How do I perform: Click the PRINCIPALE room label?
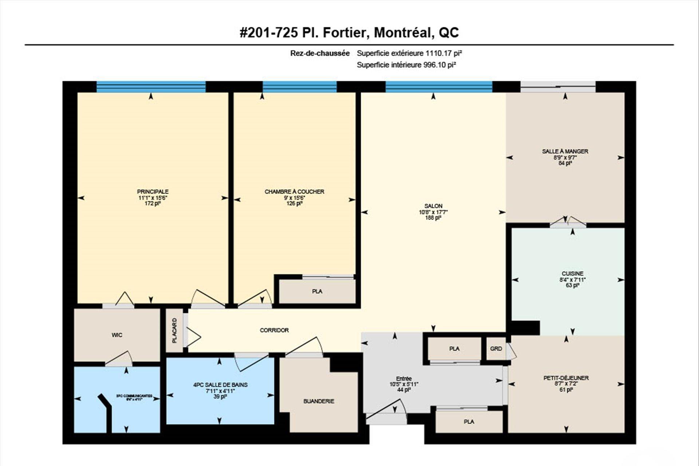pyautogui.click(x=153, y=191)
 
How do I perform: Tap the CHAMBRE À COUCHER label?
pyautogui.click(x=294, y=191)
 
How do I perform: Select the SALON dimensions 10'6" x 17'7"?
pyautogui.click(x=433, y=212)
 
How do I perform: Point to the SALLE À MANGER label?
pyautogui.click(x=565, y=151)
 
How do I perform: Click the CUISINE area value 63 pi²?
pyautogui.click(x=572, y=285)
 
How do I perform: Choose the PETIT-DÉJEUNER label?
pyautogui.click(x=566, y=378)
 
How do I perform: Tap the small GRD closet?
pyautogui.click(x=496, y=348)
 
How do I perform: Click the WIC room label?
pyautogui.click(x=117, y=335)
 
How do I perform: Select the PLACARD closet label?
pyautogui.click(x=174, y=331)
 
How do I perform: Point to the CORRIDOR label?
pyautogui.click(x=274, y=330)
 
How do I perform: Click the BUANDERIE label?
pyautogui.click(x=319, y=401)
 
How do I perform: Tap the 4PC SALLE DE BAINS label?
pyautogui.click(x=220, y=385)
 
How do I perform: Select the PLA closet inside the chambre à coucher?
pyautogui.click(x=317, y=291)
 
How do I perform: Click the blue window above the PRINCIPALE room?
pyautogui.click(x=151, y=87)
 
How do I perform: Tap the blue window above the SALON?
pyautogui.click(x=438, y=87)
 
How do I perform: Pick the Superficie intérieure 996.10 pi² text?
pyautogui.click(x=406, y=65)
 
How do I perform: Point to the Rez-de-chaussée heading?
pyautogui.click(x=320, y=53)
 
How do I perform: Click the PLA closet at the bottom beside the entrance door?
pyautogui.click(x=469, y=422)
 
